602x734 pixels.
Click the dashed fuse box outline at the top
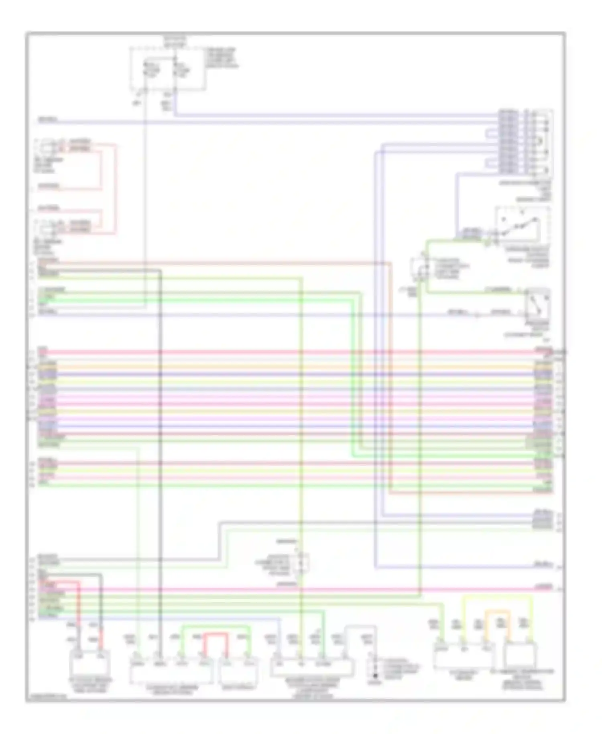[168, 69]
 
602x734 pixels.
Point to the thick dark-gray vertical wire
[160, 442]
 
